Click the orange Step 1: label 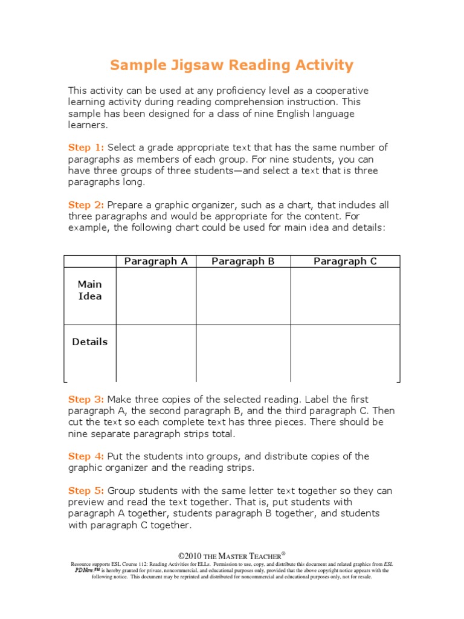pos(86,147)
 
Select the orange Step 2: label pos(86,205)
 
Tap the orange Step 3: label pos(86,399)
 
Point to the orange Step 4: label pos(86,456)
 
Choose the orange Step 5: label pos(86,490)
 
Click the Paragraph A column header pos(156,261)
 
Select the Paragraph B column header pos(243,261)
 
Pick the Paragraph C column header pos(345,261)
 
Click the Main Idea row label pos(90,290)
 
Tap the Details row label pos(90,342)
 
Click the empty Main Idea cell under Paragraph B pos(243,296)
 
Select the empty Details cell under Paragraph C pos(345,353)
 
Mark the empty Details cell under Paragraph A pos(156,353)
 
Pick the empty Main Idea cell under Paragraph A pos(156,296)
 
